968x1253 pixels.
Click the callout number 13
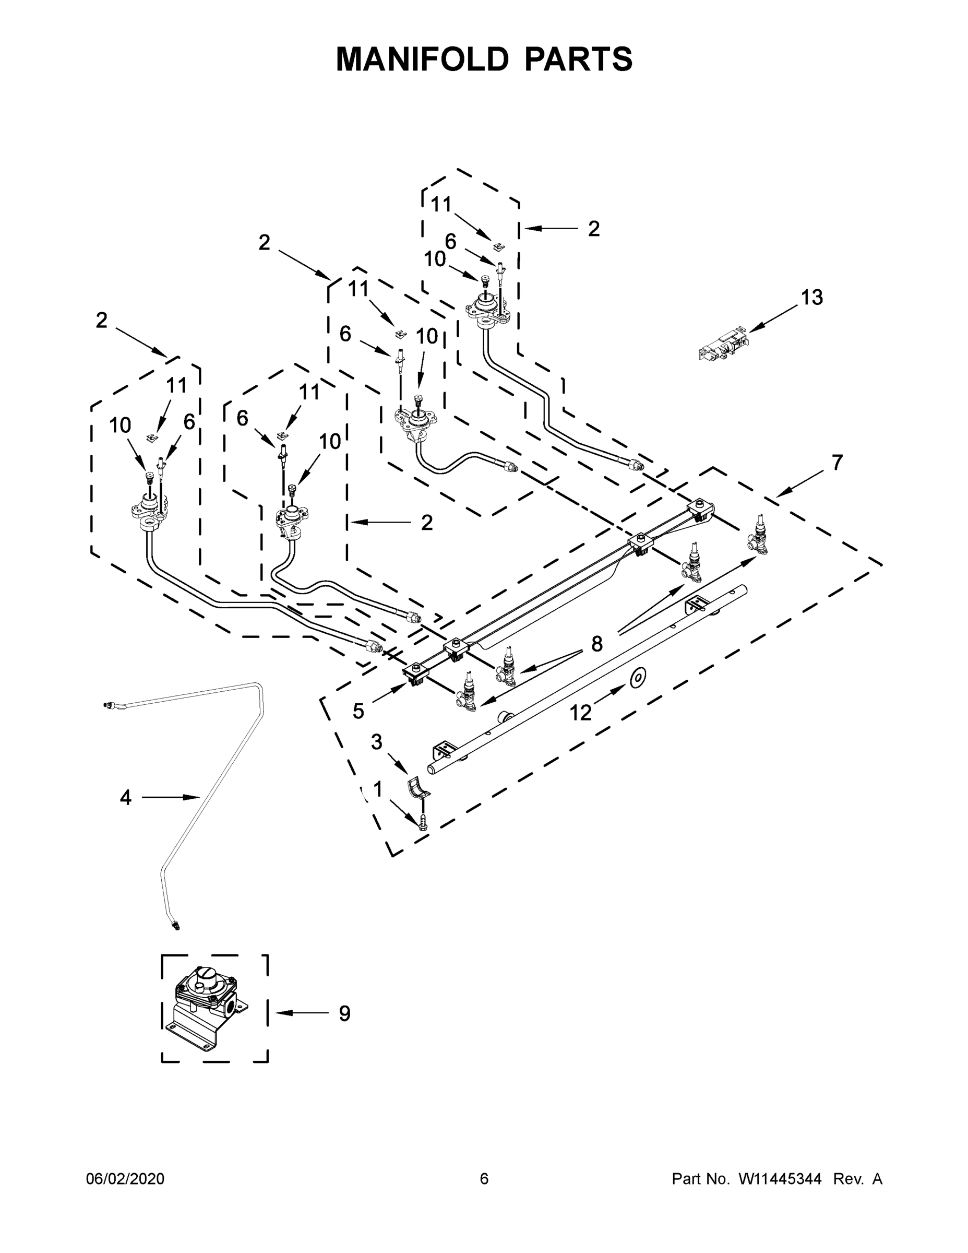[811, 297]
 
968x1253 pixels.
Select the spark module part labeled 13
[723, 344]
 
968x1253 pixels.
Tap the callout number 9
[344, 1014]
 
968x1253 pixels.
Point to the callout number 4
[126, 797]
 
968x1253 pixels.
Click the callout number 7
[837, 463]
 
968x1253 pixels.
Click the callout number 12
[580, 713]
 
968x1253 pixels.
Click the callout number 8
[597, 644]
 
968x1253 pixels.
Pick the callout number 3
[376, 742]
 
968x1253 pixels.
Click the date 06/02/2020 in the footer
[125, 1179]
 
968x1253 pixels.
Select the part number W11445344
[780, 1179]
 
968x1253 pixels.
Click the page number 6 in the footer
[484, 1179]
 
